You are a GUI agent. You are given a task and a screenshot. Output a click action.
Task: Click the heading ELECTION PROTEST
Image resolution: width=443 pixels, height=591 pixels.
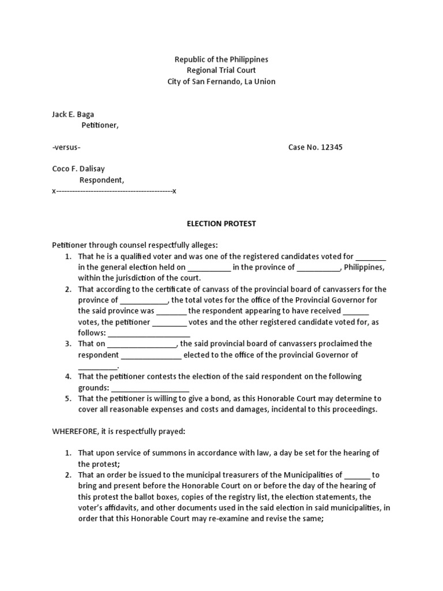click(221, 223)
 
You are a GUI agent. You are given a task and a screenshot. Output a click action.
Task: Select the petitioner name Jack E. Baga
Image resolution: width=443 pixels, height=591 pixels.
click(73, 114)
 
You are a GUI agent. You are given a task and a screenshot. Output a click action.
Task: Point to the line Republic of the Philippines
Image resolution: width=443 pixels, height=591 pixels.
click(221, 59)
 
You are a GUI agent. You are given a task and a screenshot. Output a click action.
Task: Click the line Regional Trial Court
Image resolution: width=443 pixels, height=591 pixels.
click(221, 70)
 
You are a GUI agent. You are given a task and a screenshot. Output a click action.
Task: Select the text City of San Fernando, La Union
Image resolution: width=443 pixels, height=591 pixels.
click(221, 81)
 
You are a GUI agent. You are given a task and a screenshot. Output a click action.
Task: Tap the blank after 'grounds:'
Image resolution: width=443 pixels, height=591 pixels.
click(149, 388)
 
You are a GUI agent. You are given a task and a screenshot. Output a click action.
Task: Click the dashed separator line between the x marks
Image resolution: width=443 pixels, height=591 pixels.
click(114, 191)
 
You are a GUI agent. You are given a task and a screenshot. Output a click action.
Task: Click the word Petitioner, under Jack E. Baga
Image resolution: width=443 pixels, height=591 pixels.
click(99, 125)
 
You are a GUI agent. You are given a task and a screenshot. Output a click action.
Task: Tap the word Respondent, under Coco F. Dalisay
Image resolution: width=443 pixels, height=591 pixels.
click(102, 180)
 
